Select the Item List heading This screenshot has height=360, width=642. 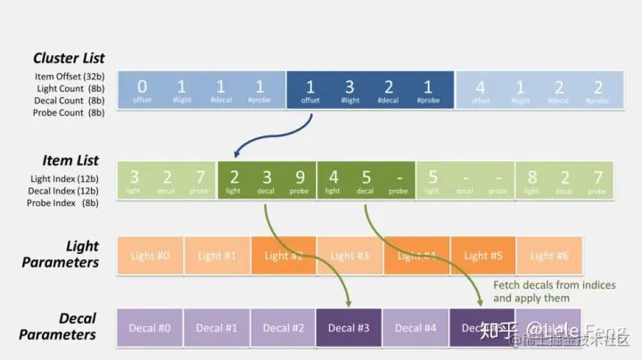click(x=69, y=160)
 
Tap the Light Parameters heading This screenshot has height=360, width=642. click(x=70, y=254)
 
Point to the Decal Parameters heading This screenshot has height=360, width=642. click(x=70, y=326)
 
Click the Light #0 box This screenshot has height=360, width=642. click(x=150, y=256)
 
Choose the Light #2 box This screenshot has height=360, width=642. click(x=284, y=256)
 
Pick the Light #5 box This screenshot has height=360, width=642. click(x=483, y=256)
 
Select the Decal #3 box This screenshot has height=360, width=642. click(x=350, y=327)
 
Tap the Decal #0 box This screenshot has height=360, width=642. click(x=150, y=327)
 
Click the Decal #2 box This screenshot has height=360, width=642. click(x=284, y=327)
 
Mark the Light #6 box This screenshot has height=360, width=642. click(x=549, y=256)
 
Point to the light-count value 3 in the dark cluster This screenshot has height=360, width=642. click(x=350, y=86)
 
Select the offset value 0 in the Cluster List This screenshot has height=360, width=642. click(x=142, y=86)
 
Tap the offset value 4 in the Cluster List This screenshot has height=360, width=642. click(x=481, y=87)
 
